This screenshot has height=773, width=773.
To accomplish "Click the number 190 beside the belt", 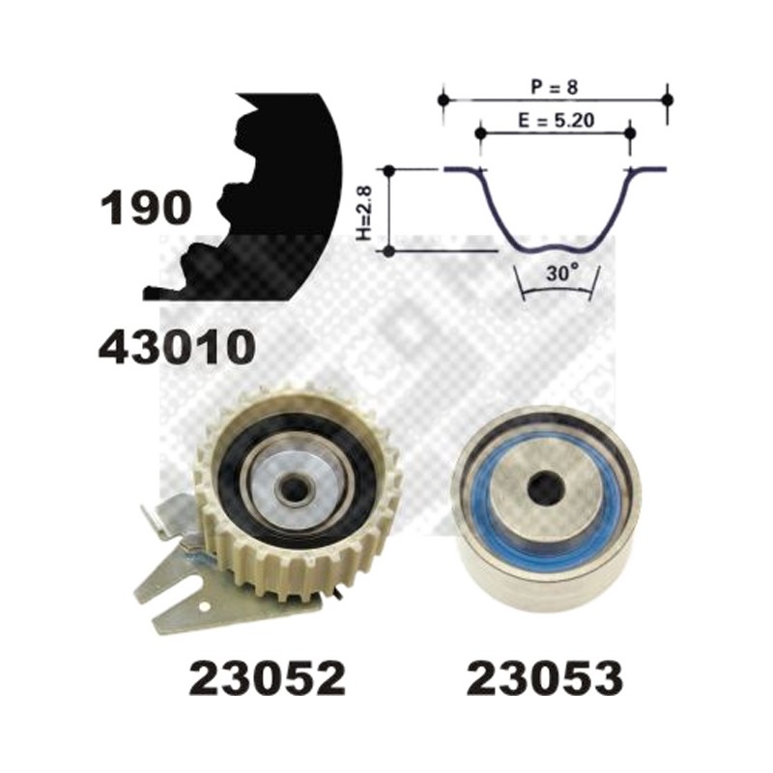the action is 146,208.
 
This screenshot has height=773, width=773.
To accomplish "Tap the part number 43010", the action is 177,347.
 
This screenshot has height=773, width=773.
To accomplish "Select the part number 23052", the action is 268,678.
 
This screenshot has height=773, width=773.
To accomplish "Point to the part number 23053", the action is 545,678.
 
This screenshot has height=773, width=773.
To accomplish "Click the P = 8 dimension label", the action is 554,87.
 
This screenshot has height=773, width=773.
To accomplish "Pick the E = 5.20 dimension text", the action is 557,120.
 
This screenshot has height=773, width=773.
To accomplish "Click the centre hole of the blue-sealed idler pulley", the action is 546,488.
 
